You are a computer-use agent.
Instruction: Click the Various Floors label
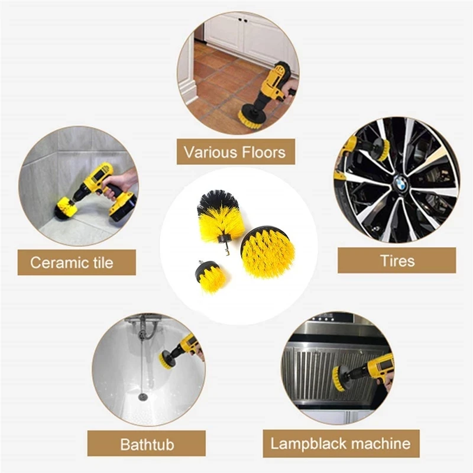coord(235,152)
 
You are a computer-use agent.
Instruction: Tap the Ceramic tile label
coord(72,262)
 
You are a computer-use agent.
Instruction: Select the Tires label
coord(397,260)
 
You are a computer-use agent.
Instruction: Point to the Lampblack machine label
coord(340,443)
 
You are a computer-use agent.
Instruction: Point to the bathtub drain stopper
coord(142,395)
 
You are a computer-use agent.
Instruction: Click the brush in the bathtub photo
coord(168,358)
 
